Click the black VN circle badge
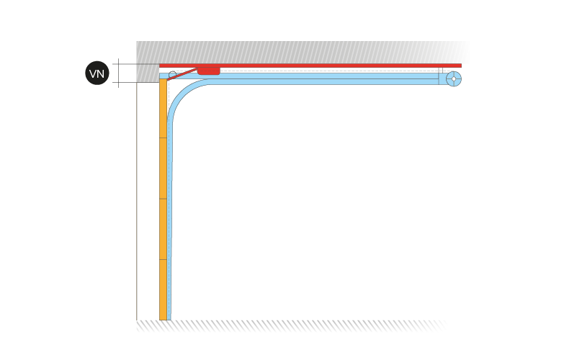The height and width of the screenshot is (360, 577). tap(97, 73)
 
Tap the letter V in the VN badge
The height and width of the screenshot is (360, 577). tap(93, 73)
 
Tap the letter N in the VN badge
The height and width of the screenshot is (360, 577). tap(101, 73)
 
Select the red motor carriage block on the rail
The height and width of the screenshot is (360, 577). tap(209, 71)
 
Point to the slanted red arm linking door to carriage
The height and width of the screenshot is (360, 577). tap(182, 74)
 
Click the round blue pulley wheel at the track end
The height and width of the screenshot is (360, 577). tap(454, 78)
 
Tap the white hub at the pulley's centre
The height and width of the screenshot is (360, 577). tap(454, 78)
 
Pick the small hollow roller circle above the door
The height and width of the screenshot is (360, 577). tap(172, 75)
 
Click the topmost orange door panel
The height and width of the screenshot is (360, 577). tap(163, 108)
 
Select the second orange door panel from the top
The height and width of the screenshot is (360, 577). tap(163, 168)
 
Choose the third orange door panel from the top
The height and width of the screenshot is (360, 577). tap(163, 229)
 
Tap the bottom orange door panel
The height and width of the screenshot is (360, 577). tap(163, 289)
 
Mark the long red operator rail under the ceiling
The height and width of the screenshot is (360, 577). tap(310, 66)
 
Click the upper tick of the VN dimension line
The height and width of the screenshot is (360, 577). tap(118, 64)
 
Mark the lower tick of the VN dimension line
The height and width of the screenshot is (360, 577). tap(118, 82)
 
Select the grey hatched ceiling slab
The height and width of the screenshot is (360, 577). tap(302, 53)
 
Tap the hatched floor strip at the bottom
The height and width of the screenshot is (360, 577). tap(291, 326)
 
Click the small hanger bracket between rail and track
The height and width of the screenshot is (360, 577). tap(440, 71)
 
